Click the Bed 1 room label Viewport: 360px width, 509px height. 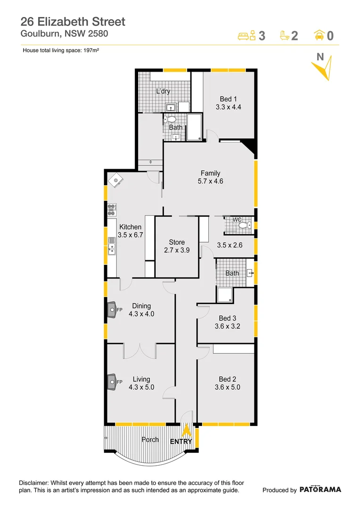[228, 99]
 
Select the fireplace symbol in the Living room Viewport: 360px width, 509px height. [112, 381]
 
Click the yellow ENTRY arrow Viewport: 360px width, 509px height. [187, 431]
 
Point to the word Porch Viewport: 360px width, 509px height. [150, 440]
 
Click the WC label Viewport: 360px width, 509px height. [237, 220]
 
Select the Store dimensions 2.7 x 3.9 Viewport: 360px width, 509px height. [177, 250]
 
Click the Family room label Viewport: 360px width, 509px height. [210, 173]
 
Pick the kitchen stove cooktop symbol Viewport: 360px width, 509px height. [112, 209]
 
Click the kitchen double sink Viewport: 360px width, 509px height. [112, 245]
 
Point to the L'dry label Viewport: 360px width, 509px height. [163, 91]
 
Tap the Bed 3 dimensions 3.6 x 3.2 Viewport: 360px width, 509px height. [227, 326]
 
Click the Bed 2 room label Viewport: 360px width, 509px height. [227, 379]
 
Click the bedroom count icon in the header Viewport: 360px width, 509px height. [246, 35]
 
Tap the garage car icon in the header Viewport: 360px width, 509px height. [319, 35]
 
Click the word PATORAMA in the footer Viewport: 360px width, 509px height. [320, 490]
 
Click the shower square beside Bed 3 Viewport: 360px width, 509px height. [224, 295]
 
